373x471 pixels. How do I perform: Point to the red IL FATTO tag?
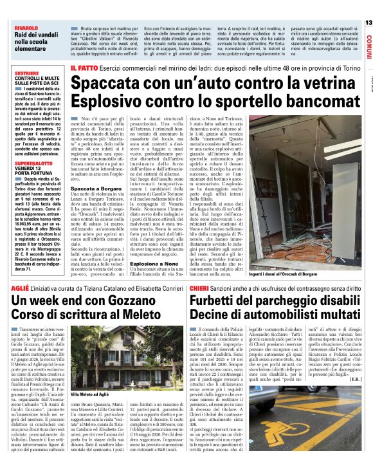click(84, 68)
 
